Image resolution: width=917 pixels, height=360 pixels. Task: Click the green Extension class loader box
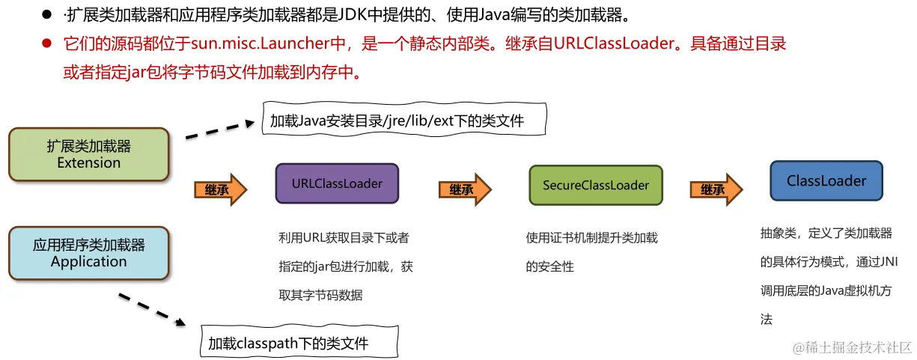click(x=88, y=154)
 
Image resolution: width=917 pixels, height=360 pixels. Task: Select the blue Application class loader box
click(x=88, y=253)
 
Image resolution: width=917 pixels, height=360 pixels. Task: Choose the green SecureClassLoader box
click(x=595, y=185)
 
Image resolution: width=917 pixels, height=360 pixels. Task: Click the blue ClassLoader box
click(x=826, y=181)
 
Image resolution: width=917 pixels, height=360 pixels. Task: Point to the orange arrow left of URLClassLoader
click(x=220, y=189)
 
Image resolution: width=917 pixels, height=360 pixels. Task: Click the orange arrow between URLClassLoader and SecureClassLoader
click(x=465, y=189)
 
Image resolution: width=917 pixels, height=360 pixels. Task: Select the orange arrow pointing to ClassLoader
click(x=716, y=189)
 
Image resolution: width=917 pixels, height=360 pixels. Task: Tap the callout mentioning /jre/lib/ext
click(x=404, y=120)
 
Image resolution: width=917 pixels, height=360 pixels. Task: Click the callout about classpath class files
click(x=299, y=343)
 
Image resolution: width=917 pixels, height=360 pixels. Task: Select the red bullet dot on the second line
click(x=46, y=44)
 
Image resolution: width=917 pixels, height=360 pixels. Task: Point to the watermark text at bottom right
click(x=852, y=347)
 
